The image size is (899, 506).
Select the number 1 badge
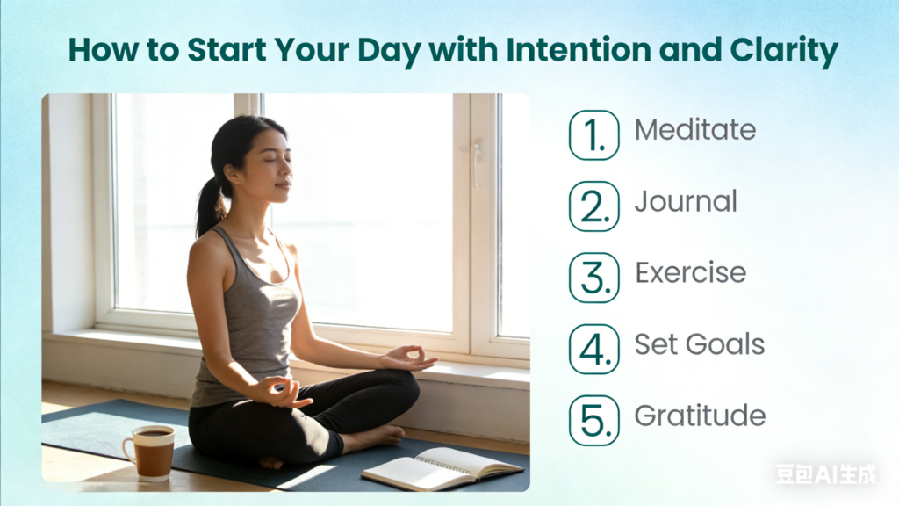[594, 134]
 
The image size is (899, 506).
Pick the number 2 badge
[594, 206]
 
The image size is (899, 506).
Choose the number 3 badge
[594, 278]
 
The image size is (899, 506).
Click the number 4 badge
[594, 349]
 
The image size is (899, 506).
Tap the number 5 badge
[594, 421]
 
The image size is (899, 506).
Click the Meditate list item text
[695, 130]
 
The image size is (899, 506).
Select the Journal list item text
[686, 201]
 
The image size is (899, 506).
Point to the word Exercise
[691, 272]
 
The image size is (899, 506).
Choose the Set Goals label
[700, 344]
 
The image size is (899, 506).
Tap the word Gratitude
[700, 416]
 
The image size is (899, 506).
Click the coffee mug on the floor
[150, 452]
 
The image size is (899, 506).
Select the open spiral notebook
[442, 468]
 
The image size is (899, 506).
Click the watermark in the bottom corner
[826, 473]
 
